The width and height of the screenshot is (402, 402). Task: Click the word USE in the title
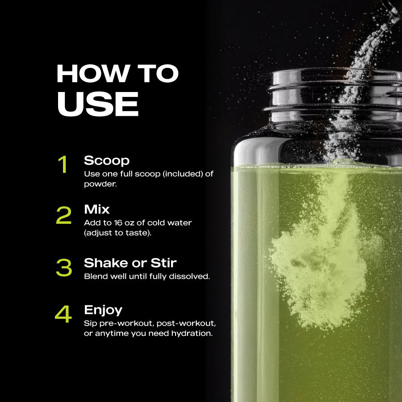pyautogui.click(x=98, y=105)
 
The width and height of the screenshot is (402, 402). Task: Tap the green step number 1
pyautogui.click(x=64, y=164)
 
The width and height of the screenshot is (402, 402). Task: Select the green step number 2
pyautogui.click(x=64, y=215)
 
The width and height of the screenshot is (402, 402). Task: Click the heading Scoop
pyautogui.click(x=107, y=160)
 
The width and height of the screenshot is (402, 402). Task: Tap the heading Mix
pyautogui.click(x=97, y=209)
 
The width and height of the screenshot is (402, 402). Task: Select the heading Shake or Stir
pyautogui.click(x=130, y=263)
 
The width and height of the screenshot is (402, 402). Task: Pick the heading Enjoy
pyautogui.click(x=103, y=310)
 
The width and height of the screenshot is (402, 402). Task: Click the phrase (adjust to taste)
pyautogui.click(x=117, y=233)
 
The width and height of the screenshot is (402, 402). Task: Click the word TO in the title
pyautogui.click(x=157, y=74)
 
